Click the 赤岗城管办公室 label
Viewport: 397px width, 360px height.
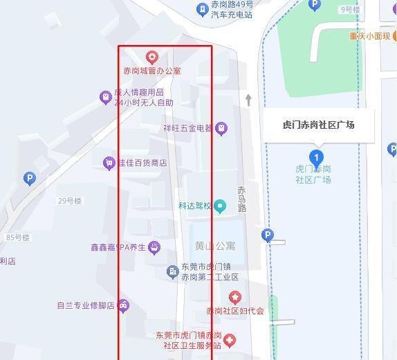coord(152,71)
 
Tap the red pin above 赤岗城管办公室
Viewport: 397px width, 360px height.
coord(152,57)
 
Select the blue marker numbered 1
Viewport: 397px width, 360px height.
coord(317,157)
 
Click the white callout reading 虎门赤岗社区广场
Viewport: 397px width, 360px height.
coord(319,125)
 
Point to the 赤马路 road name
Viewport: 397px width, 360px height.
coord(241,199)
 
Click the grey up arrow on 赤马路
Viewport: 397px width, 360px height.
coord(248,100)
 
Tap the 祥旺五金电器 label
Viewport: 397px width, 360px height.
coord(188,128)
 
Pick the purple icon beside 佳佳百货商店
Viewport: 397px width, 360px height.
coord(109,163)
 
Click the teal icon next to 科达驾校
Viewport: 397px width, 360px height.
coord(220,206)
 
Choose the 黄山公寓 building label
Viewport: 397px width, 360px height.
coord(215,246)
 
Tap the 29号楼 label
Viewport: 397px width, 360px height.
coord(70,201)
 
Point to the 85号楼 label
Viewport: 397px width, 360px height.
coord(18,237)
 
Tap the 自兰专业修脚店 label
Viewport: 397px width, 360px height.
coord(85,305)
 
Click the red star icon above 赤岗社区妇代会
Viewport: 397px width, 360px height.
coord(235,298)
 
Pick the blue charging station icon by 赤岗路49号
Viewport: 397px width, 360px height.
coord(202,10)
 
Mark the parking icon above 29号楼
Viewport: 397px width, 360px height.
coord(29,179)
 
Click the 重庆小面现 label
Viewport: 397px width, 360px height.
coord(369,36)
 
